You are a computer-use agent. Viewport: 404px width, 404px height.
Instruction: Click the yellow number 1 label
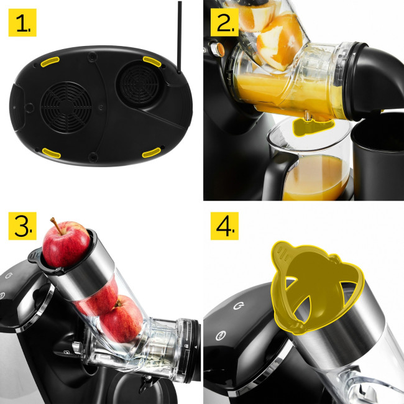(x=22, y=22)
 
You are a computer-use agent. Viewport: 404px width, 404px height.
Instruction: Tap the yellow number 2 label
(x=224, y=22)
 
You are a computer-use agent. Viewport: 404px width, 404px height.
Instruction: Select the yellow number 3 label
(x=22, y=226)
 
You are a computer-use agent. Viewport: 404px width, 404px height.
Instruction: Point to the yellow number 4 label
(x=224, y=226)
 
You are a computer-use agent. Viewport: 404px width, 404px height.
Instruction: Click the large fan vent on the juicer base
(x=66, y=107)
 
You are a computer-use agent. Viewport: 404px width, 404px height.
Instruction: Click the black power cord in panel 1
(x=180, y=38)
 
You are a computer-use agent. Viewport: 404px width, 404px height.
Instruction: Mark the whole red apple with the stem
(x=66, y=244)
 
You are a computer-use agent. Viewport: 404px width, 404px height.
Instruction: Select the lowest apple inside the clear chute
(x=121, y=318)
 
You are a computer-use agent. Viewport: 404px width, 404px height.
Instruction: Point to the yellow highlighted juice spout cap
(x=313, y=127)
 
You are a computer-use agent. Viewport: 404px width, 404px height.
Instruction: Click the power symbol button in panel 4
(x=239, y=305)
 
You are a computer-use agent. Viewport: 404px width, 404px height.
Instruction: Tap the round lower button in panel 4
(x=221, y=336)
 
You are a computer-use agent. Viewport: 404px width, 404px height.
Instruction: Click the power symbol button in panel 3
(x=9, y=275)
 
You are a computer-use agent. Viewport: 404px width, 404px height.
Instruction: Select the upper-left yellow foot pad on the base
(x=50, y=62)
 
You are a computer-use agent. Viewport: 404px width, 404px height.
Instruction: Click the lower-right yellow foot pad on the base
(x=152, y=153)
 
